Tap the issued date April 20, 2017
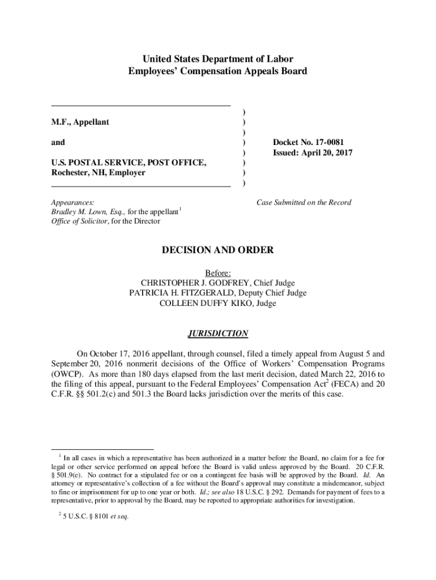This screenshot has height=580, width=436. pyautogui.click(x=327, y=152)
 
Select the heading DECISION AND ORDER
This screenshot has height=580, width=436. pyautogui.click(x=218, y=250)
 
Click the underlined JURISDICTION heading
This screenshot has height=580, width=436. pyautogui.click(x=218, y=334)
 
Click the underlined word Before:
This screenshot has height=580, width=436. pyautogui.click(x=218, y=273)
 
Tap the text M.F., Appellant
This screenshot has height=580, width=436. pyautogui.click(x=80, y=122)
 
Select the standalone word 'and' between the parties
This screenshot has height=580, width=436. pyautogui.click(x=58, y=142)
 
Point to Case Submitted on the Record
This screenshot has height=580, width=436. pyautogui.click(x=304, y=202)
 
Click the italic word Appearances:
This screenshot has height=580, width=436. pyautogui.click(x=72, y=202)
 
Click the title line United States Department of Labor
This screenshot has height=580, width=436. pyautogui.click(x=218, y=59)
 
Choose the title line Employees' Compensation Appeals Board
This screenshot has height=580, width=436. pyautogui.click(x=218, y=71)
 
